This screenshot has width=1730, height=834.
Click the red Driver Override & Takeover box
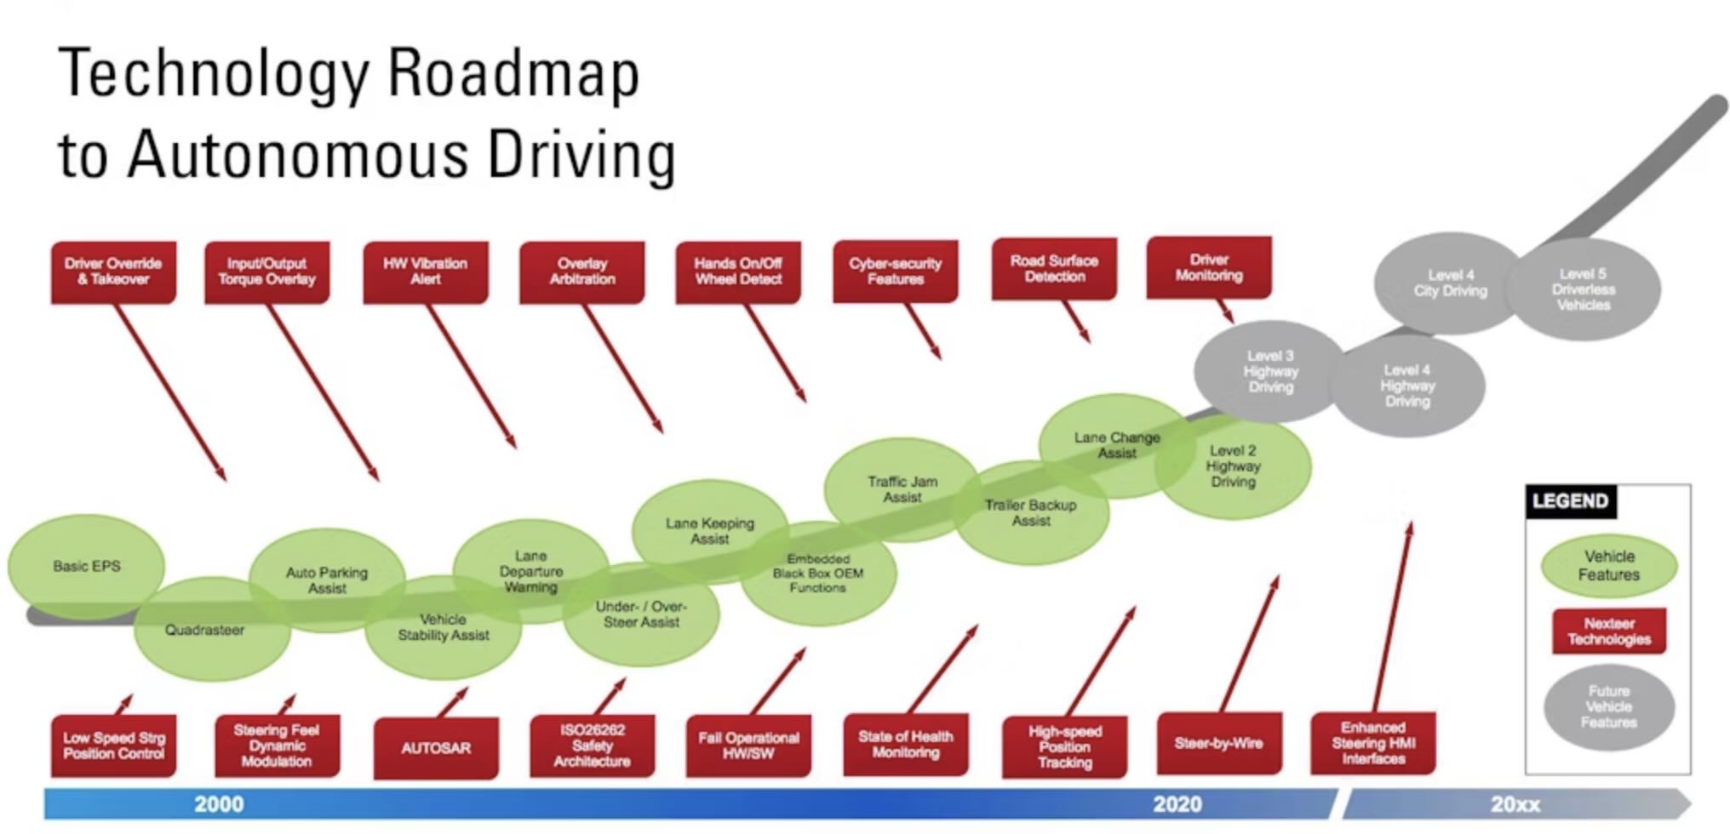point(113,271)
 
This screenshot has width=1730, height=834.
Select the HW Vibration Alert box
point(426,271)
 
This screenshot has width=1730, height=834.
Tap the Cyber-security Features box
point(895,271)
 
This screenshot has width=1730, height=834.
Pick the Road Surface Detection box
point(1054,269)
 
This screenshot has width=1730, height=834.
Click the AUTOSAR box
point(436,748)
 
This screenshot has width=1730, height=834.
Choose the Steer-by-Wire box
point(1219,743)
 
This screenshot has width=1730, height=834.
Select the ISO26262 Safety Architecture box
point(593,745)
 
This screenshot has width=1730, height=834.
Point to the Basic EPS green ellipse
point(86,566)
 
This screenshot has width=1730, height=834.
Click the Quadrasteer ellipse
point(204,631)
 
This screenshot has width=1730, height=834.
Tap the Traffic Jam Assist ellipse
point(902,488)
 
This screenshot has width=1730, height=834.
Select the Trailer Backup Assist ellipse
point(1031,512)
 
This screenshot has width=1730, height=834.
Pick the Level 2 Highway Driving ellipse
point(1233,466)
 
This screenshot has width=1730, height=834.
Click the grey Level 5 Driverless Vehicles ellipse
point(1584,289)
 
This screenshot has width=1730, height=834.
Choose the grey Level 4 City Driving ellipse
point(1450,283)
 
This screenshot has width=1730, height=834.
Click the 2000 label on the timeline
point(219,804)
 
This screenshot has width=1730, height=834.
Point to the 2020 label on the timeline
point(1177,804)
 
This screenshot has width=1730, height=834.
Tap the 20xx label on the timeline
point(1515,804)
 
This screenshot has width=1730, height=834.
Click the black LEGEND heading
point(1570,501)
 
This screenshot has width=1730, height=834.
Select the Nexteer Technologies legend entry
point(1608,631)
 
